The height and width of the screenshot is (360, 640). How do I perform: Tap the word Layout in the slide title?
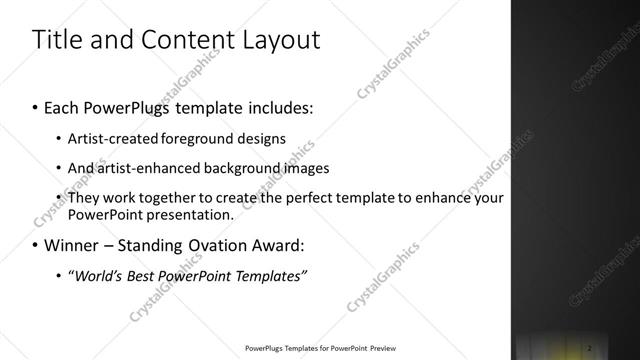pyautogui.click(x=279, y=40)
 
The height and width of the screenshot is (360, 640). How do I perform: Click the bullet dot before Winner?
pyautogui.click(x=36, y=246)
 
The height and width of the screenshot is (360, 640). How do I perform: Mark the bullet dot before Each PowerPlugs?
pyautogui.click(x=36, y=105)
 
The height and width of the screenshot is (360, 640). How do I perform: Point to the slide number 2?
pyautogui.click(x=591, y=347)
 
